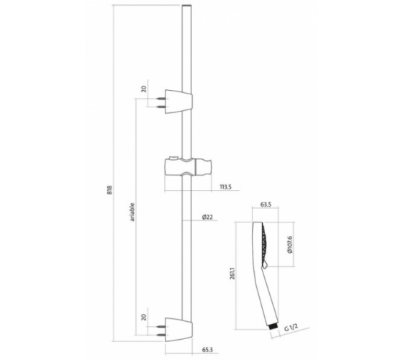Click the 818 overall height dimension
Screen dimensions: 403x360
click(109, 190)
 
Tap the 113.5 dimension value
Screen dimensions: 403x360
click(225, 187)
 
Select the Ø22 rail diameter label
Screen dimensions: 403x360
click(207, 217)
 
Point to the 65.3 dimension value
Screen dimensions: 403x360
click(207, 350)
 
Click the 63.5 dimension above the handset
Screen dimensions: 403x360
click(266, 204)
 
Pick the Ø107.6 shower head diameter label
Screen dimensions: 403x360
click(290, 244)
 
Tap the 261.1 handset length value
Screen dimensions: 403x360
click(233, 274)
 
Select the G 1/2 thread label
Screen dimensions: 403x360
click(291, 328)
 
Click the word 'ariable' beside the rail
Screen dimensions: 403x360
click(132, 212)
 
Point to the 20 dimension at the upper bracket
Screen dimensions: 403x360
click(144, 89)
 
